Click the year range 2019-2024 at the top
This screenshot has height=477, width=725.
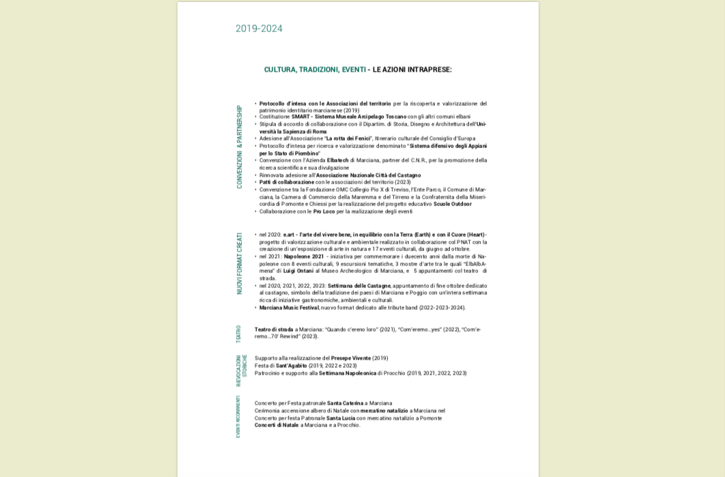(259, 29)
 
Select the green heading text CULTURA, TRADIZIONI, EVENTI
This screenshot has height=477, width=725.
(315, 70)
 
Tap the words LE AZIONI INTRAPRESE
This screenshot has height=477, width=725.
(412, 70)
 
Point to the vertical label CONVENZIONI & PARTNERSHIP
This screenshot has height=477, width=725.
(240, 147)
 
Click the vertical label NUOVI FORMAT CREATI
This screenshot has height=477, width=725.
(240, 263)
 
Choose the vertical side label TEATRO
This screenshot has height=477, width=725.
(239, 334)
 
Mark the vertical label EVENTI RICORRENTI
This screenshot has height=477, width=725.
(238, 416)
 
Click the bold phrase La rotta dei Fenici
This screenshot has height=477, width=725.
(348, 139)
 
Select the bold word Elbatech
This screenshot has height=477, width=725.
(338, 160)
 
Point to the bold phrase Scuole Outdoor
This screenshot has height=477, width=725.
(452, 204)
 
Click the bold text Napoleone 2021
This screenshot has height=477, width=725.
(304, 257)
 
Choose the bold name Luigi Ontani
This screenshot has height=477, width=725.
(298, 271)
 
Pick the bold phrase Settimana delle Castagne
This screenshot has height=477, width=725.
(359, 286)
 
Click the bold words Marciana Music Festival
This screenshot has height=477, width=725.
(289, 308)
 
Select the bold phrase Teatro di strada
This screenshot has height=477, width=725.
(274, 330)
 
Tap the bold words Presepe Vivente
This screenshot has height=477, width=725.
(351, 358)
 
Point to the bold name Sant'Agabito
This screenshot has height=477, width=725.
(292, 366)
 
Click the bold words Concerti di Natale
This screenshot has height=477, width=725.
(276, 425)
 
